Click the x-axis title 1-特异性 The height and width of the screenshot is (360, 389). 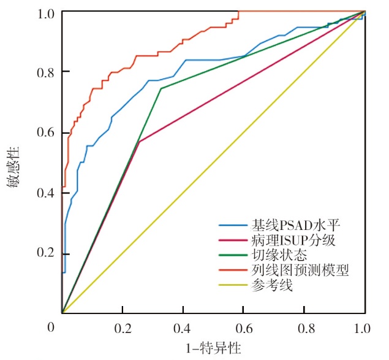pyautogui.click(x=213, y=348)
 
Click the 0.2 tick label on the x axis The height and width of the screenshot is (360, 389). pyautogui.click(x=123, y=328)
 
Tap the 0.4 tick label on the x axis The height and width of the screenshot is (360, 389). pyautogui.click(x=183, y=328)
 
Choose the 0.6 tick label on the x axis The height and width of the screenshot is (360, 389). pyautogui.click(x=244, y=328)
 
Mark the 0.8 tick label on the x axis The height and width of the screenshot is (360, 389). pyautogui.click(x=304, y=328)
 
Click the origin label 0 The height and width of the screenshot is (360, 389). pyautogui.click(x=52, y=328)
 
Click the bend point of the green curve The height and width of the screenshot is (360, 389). pyautogui.click(x=161, y=88)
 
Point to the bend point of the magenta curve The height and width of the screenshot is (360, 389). pyautogui.click(x=140, y=142)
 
